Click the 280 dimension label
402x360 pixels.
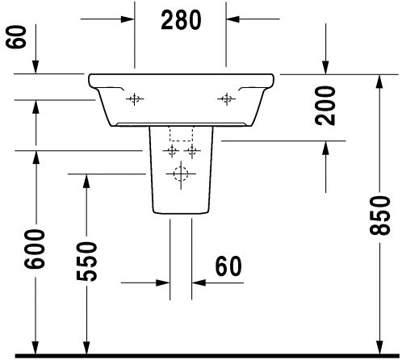pos(181,20)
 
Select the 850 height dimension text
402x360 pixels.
pos(379,216)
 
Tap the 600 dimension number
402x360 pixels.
pos(35,249)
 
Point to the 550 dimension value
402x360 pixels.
pos(86,262)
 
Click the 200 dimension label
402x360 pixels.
pos(325,106)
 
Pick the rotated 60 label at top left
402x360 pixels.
pos(16,37)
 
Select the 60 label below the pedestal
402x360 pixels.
pos(228,266)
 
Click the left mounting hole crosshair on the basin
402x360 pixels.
pos(135,99)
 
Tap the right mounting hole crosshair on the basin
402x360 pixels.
pos(227,99)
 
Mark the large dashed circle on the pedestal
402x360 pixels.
pos(181,174)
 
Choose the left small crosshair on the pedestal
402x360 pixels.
pos(171,151)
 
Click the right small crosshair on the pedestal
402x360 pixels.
pos(192,151)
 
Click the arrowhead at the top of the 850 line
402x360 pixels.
pos(379,81)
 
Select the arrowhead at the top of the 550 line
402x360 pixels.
pos(86,181)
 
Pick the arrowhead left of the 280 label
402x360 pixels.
pos(128,19)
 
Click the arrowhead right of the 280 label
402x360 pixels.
pos(232,19)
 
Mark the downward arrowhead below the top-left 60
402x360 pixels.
pos(36,67)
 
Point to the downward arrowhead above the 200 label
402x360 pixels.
pos(325,67)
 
